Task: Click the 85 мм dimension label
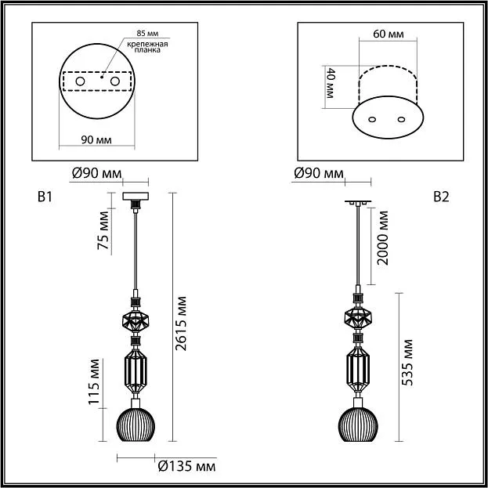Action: tap(147, 34)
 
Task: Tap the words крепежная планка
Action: tap(147, 47)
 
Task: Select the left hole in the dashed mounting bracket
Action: tap(80, 81)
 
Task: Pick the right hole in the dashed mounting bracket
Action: tap(115, 81)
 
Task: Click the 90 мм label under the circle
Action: tap(96, 140)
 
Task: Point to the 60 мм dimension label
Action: tap(389, 34)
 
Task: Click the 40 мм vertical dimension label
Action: tap(329, 83)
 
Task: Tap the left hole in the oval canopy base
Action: tap(372, 119)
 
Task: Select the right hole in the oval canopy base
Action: tap(401, 119)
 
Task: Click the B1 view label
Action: tap(45, 197)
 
